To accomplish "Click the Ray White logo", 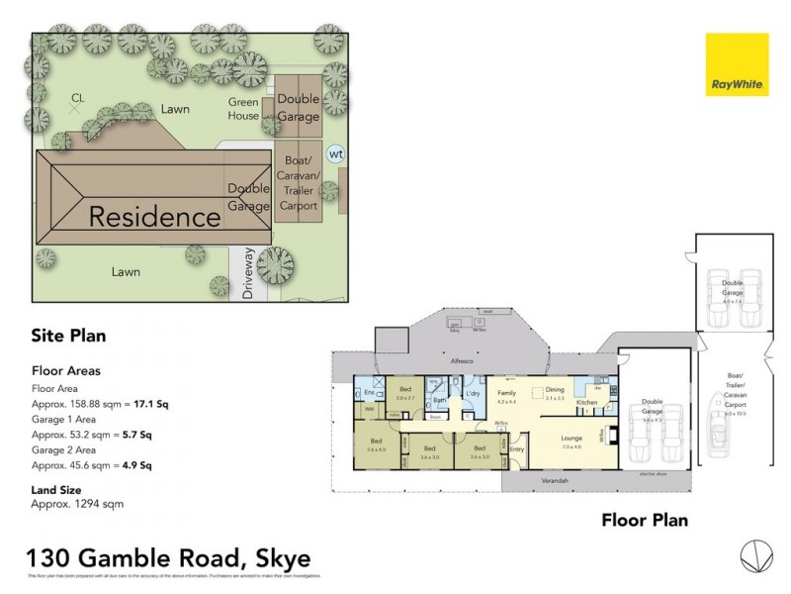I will click(x=737, y=65).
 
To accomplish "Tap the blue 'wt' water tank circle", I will click(x=336, y=154).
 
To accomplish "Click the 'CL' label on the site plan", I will click(x=77, y=97).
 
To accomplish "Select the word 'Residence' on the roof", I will click(x=155, y=216).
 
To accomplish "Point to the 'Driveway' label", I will click(x=248, y=274).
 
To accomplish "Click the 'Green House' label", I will click(x=243, y=109).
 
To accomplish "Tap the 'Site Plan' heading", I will click(x=68, y=336).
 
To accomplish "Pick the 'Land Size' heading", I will click(x=56, y=489).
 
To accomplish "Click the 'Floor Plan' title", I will click(x=645, y=520).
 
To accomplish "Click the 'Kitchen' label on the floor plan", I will click(x=586, y=403).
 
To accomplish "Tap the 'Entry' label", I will click(x=516, y=449).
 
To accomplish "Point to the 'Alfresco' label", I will click(x=464, y=362).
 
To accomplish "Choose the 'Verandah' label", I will click(x=555, y=480).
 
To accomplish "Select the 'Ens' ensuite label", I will click(x=368, y=391).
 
